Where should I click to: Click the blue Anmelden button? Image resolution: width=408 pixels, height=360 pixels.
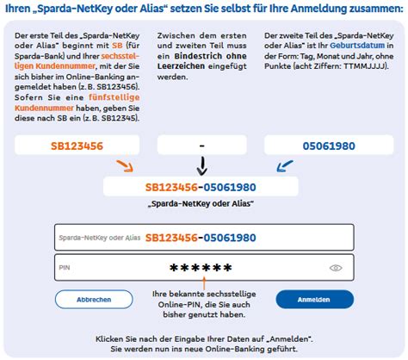coord(315,300)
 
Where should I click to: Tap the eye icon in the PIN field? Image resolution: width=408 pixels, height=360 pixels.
coord(336,268)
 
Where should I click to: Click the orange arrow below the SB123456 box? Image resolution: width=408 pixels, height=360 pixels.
coord(125,166)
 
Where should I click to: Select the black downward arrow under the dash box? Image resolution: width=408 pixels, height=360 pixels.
coord(202,165)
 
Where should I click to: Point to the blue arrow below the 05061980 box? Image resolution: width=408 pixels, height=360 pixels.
coord(285,166)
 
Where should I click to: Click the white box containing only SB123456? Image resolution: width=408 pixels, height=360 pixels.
coord(77,146)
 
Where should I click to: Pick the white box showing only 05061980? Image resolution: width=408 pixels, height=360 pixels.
coord(329,146)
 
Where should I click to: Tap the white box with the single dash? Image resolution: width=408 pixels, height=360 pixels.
coord(202,146)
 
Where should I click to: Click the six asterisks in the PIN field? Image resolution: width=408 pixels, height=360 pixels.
coord(201,268)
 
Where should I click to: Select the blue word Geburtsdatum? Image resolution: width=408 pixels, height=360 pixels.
coord(357,46)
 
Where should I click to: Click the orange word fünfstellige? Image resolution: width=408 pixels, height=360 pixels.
coord(114,97)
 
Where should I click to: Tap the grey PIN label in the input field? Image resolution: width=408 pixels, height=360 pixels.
coord(65,268)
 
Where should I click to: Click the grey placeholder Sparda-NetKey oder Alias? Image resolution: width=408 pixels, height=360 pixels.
coord(100,238)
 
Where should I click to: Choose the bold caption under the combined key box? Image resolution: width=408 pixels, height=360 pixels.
coord(201,203)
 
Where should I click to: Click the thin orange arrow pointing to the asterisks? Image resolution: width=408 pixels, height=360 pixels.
coord(204,282)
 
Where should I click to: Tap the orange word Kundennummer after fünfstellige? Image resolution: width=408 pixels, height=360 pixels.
coord(44,108)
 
